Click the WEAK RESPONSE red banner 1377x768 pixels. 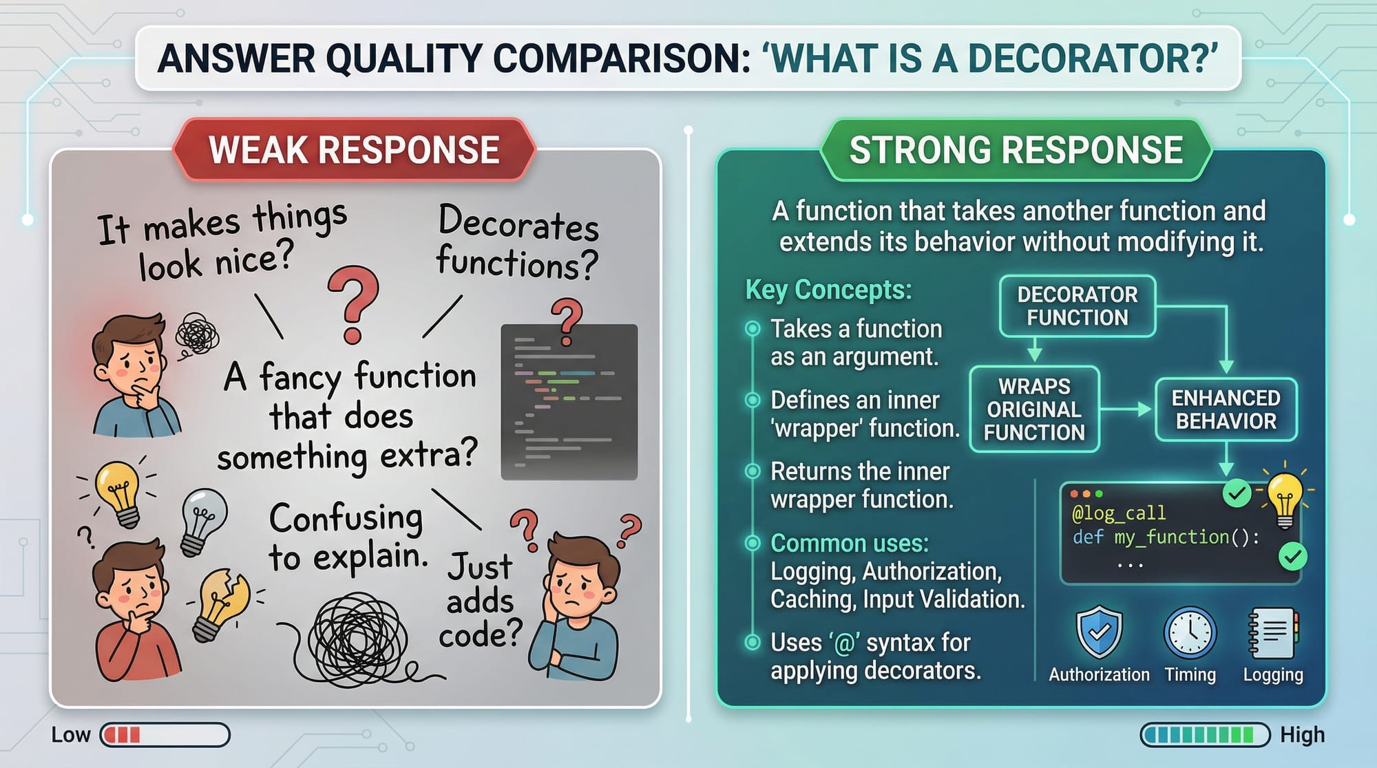click(x=354, y=150)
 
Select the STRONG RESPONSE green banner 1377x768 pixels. click(x=1016, y=150)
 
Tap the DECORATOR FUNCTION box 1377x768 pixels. click(x=1078, y=306)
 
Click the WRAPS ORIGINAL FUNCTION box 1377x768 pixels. click(x=1034, y=409)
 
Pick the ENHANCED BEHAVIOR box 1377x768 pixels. click(x=1226, y=409)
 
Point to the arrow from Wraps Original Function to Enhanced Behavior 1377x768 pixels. click(x=1126, y=409)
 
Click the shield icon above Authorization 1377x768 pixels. click(x=1099, y=632)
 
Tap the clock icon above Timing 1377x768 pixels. click(x=1190, y=632)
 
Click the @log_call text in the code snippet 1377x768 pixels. click(x=1119, y=513)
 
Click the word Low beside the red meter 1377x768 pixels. click(x=70, y=735)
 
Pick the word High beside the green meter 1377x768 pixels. click(x=1302, y=735)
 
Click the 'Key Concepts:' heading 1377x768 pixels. click(x=828, y=290)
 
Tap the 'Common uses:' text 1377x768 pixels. click(x=850, y=543)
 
